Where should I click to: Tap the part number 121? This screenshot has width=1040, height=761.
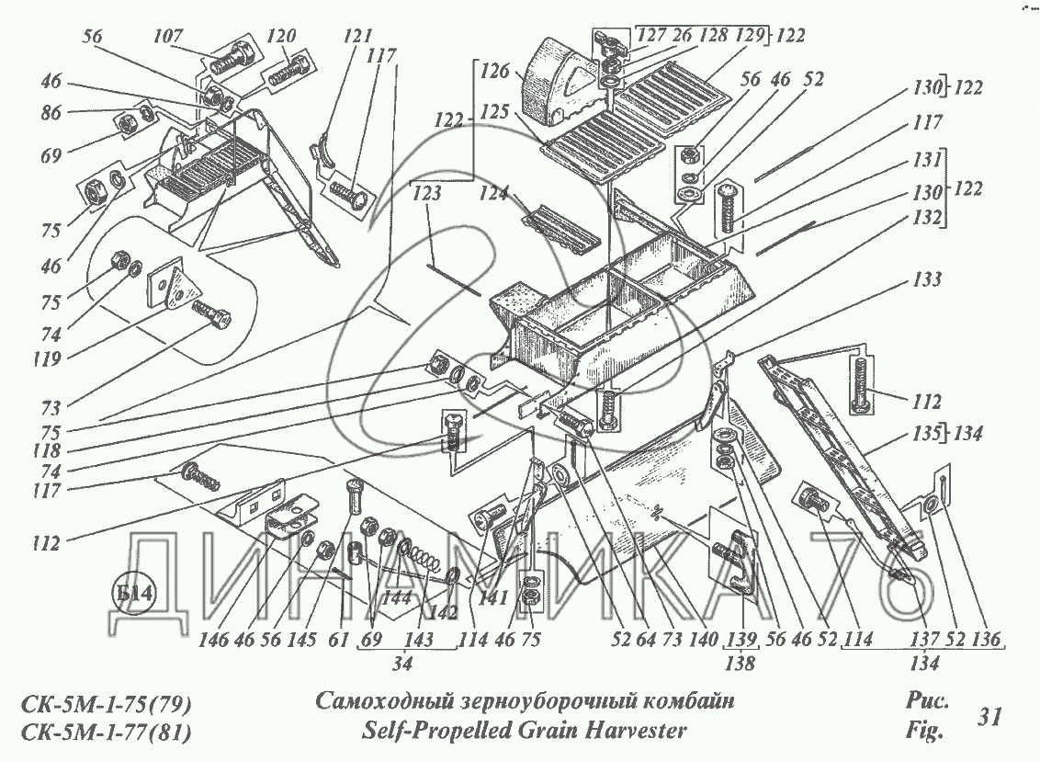357,37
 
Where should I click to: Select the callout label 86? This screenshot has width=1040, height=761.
51,114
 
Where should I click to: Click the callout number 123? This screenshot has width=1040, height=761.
427,194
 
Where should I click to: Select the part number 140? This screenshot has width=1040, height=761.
679,641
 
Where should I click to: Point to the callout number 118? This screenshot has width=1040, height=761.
43,451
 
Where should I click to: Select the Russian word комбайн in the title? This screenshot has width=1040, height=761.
680,702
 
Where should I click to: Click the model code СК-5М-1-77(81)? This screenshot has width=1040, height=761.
104,733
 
